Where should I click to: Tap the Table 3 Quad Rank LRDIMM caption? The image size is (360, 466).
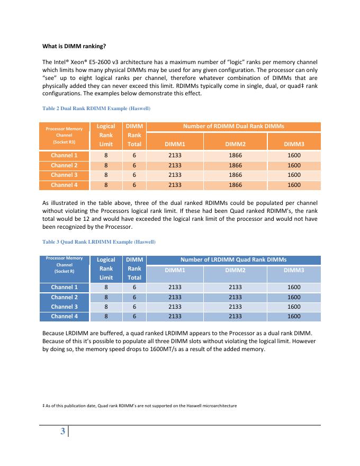click(98, 241)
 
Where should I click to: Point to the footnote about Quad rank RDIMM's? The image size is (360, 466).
click(139, 406)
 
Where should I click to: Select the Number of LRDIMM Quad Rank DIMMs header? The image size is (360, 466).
click(233, 259)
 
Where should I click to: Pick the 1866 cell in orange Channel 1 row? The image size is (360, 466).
click(233, 155)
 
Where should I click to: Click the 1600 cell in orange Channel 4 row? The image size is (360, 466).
click(294, 185)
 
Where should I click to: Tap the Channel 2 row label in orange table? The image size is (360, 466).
click(64, 165)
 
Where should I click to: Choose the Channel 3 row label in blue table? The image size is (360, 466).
click(64, 307)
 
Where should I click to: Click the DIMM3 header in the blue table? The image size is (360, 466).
click(294, 270)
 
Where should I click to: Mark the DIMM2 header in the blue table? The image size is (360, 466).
click(233, 270)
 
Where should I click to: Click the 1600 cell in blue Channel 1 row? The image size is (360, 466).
click(294, 287)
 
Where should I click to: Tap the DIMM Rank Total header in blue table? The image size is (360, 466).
click(134, 268)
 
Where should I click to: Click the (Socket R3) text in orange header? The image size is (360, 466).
click(64, 142)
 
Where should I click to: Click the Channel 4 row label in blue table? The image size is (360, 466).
click(64, 317)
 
